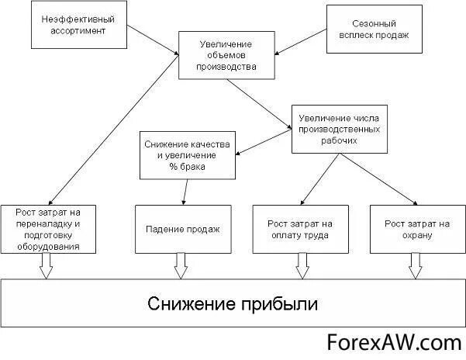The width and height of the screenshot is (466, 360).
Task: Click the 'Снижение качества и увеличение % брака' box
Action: [x=188, y=154]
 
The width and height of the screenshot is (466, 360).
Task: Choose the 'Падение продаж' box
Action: [x=183, y=229]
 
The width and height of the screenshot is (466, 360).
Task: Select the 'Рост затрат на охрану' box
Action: [x=417, y=229]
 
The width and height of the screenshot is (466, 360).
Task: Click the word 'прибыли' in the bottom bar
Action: [x=278, y=302]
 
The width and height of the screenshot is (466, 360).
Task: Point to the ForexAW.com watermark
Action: [x=393, y=342]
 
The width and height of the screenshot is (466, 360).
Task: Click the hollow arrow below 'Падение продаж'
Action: [x=181, y=265]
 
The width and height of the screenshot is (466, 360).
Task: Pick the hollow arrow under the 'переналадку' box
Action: [x=45, y=265]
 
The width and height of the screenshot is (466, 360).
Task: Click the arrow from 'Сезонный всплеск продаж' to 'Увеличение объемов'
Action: [x=302, y=43]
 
